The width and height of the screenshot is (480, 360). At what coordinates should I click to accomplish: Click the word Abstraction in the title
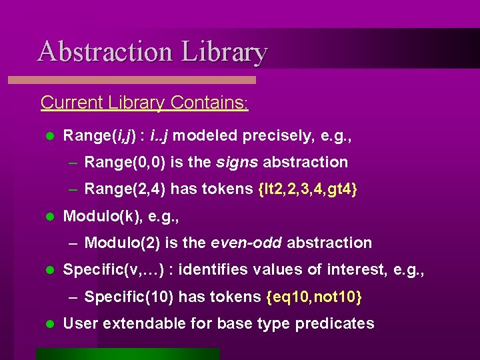(105, 51)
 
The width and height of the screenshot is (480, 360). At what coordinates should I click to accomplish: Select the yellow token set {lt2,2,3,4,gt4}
(307, 189)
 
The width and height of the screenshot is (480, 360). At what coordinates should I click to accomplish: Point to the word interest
(363, 269)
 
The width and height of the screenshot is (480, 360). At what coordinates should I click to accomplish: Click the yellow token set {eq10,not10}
(314, 297)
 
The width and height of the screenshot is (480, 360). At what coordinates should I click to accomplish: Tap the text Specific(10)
(125, 297)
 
